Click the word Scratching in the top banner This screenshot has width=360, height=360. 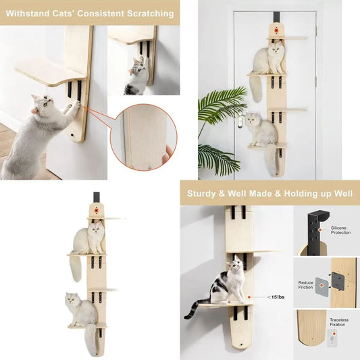click(148, 13)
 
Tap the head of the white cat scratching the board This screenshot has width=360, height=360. click(43, 105)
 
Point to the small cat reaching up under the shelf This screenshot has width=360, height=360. click(138, 74)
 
